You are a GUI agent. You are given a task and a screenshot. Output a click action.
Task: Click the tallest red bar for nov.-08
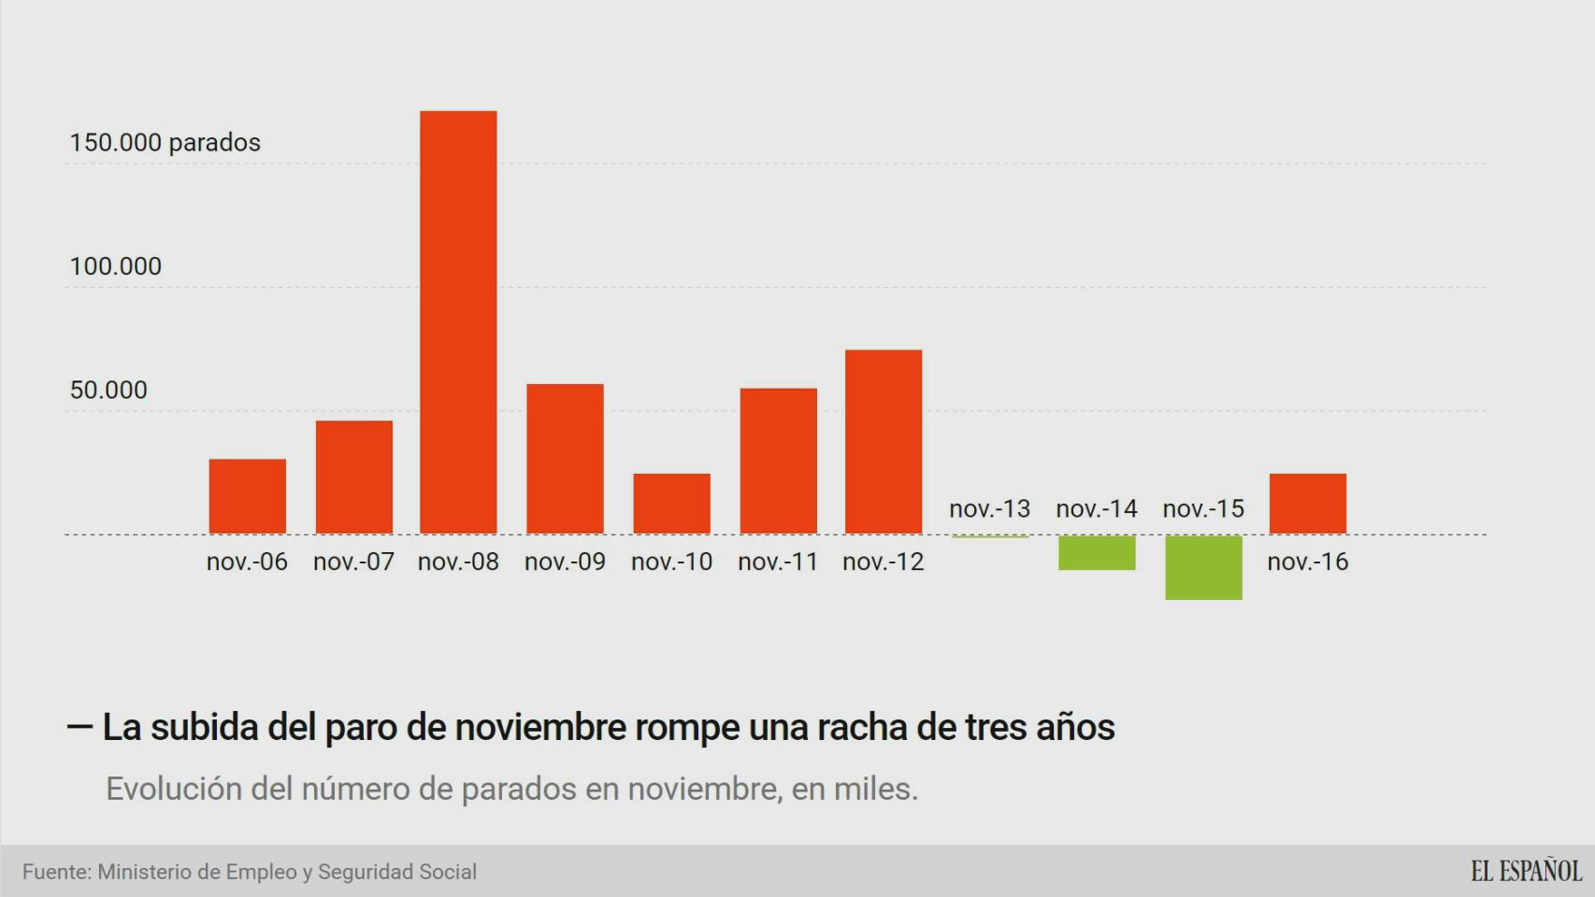458,322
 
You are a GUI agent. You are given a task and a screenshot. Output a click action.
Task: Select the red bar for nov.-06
247,496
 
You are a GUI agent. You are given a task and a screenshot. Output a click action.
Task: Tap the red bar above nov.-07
353,477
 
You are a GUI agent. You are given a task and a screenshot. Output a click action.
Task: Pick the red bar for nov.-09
565,459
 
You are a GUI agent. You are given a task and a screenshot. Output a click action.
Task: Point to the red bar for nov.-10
671,504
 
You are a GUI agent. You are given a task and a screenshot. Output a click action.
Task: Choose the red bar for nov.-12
884,442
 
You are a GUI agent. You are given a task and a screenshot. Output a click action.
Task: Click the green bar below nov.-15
1203,567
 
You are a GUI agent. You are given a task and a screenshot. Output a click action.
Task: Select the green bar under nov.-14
1097,552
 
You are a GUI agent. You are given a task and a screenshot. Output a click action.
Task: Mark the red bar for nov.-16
1308,504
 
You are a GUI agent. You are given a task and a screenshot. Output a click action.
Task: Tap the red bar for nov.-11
778,461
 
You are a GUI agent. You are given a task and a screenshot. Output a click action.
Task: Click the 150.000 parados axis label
165,143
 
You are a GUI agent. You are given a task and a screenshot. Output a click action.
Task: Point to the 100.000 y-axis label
115,266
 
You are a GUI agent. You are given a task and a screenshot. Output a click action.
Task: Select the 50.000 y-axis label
108,390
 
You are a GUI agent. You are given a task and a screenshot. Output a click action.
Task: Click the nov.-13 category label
989,509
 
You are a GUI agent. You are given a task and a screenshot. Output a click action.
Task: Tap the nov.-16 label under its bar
1308,562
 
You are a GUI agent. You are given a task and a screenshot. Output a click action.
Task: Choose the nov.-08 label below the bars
458,562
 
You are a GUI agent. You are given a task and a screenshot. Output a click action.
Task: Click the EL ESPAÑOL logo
1526,871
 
